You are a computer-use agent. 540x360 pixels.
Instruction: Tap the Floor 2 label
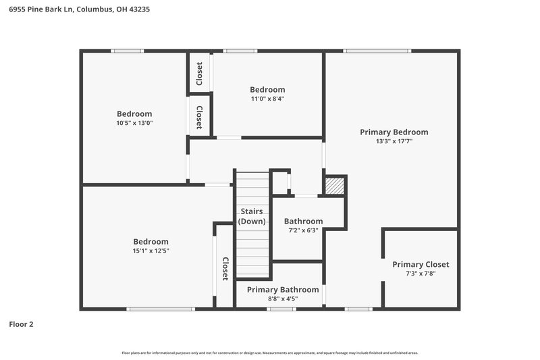21,324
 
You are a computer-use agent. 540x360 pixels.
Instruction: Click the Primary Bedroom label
394,132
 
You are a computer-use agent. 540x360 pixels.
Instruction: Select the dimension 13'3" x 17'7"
394,142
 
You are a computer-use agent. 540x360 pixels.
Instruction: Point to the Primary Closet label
421,265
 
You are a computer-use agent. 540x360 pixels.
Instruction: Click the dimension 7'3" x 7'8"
421,274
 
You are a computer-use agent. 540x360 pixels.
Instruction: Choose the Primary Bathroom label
282,290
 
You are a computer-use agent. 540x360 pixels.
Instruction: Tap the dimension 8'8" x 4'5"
282,299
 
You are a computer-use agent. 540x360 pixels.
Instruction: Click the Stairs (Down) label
252,216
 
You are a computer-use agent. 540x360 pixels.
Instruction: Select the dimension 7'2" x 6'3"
303,230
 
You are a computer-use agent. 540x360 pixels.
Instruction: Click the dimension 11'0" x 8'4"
267,99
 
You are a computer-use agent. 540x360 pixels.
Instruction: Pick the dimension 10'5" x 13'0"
134,123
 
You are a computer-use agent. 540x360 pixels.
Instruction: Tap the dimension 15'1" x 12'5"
151,251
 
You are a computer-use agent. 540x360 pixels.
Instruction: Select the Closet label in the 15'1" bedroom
225,269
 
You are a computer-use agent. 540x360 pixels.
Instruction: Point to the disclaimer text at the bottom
270,353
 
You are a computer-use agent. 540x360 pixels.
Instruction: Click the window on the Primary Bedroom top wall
377,51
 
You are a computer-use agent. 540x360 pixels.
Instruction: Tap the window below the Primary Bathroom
281,309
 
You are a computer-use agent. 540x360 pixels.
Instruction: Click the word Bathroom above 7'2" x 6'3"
303,221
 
